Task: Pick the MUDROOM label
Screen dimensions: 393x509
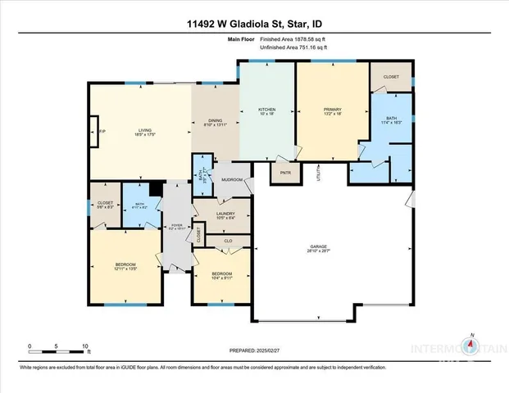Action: coord(231,179)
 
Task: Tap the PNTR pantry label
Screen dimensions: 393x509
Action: coord(285,173)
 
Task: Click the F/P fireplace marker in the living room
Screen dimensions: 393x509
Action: coord(102,132)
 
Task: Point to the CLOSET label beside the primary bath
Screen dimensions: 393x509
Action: coord(391,77)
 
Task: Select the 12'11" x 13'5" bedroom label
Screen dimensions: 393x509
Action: coord(125,266)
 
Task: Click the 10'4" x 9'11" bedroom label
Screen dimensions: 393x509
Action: coord(222,276)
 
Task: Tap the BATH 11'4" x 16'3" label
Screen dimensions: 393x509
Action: coord(391,120)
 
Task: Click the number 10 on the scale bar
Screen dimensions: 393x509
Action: coord(84,346)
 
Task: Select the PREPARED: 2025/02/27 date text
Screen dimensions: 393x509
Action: coord(254,350)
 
